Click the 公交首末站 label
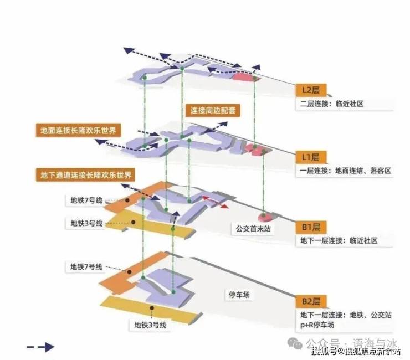click(249, 228)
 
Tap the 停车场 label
click(239, 295)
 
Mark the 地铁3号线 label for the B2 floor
click(150, 325)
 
